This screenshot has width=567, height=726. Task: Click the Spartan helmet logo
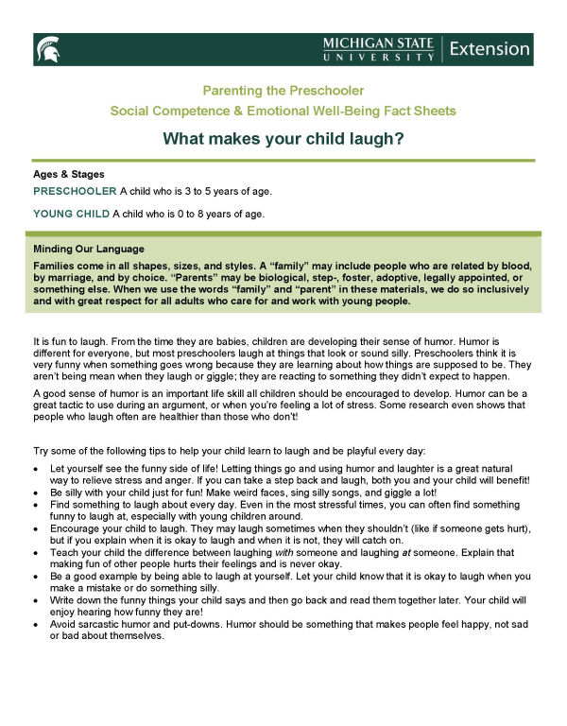click(x=48, y=48)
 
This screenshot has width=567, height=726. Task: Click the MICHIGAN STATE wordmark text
click(x=378, y=43)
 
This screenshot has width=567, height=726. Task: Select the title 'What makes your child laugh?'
click(x=283, y=139)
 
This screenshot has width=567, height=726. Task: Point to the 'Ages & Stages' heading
click(x=69, y=174)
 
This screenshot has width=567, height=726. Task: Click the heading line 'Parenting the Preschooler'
click(x=283, y=91)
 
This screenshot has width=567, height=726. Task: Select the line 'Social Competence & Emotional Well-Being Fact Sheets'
click(x=283, y=111)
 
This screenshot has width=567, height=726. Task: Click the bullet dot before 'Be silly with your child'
click(x=36, y=493)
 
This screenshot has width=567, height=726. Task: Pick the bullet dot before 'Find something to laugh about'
click(x=36, y=506)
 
